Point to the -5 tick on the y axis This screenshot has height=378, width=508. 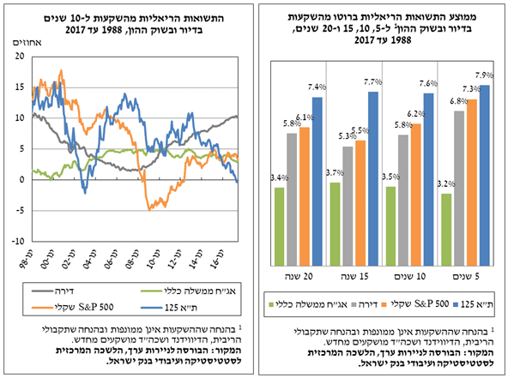click(x=19, y=211)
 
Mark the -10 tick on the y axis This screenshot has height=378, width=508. click(x=17, y=243)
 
